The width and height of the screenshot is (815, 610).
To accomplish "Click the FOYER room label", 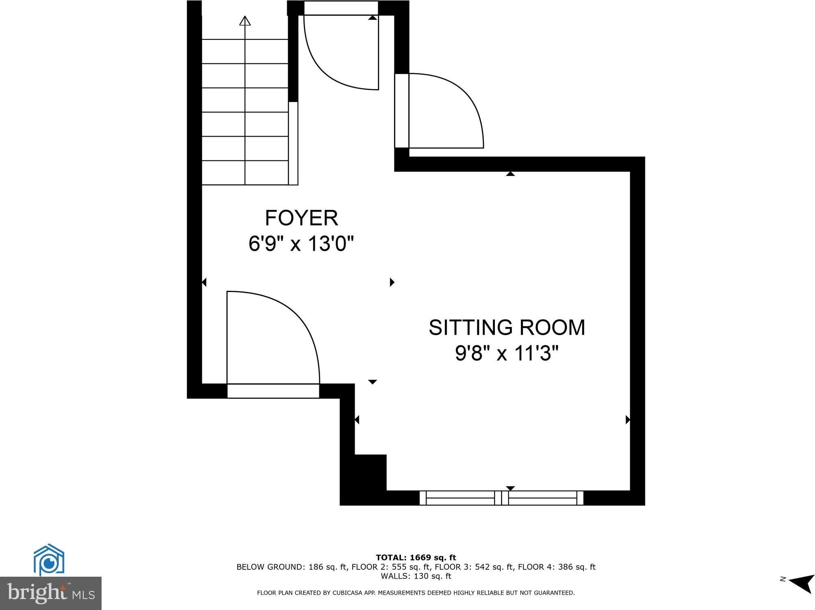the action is pyautogui.click(x=301, y=218).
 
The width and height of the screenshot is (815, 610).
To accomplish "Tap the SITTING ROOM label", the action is pyautogui.click(x=507, y=327).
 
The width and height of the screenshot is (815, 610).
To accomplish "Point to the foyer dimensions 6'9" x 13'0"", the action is pyautogui.click(x=301, y=244).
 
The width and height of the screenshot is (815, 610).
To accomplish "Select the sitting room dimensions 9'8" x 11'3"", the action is pyautogui.click(x=507, y=353).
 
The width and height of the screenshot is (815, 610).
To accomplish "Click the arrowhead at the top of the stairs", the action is pyautogui.click(x=245, y=21).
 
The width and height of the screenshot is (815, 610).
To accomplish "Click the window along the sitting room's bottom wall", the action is pyautogui.click(x=501, y=498).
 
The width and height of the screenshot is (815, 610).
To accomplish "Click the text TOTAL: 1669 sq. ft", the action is pyautogui.click(x=416, y=558).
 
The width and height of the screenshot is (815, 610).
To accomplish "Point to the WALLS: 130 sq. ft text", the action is pyautogui.click(x=416, y=576).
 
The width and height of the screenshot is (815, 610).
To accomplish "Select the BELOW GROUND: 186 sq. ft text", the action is pyautogui.click(x=292, y=567).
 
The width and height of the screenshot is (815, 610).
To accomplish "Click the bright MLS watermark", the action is pyautogui.click(x=51, y=593).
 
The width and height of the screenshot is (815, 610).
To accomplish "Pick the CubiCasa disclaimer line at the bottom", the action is pyautogui.click(x=416, y=593).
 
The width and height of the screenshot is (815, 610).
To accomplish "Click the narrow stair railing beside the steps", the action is pyautogui.click(x=293, y=143).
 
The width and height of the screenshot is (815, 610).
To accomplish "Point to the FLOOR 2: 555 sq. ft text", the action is pyautogui.click(x=390, y=567).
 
